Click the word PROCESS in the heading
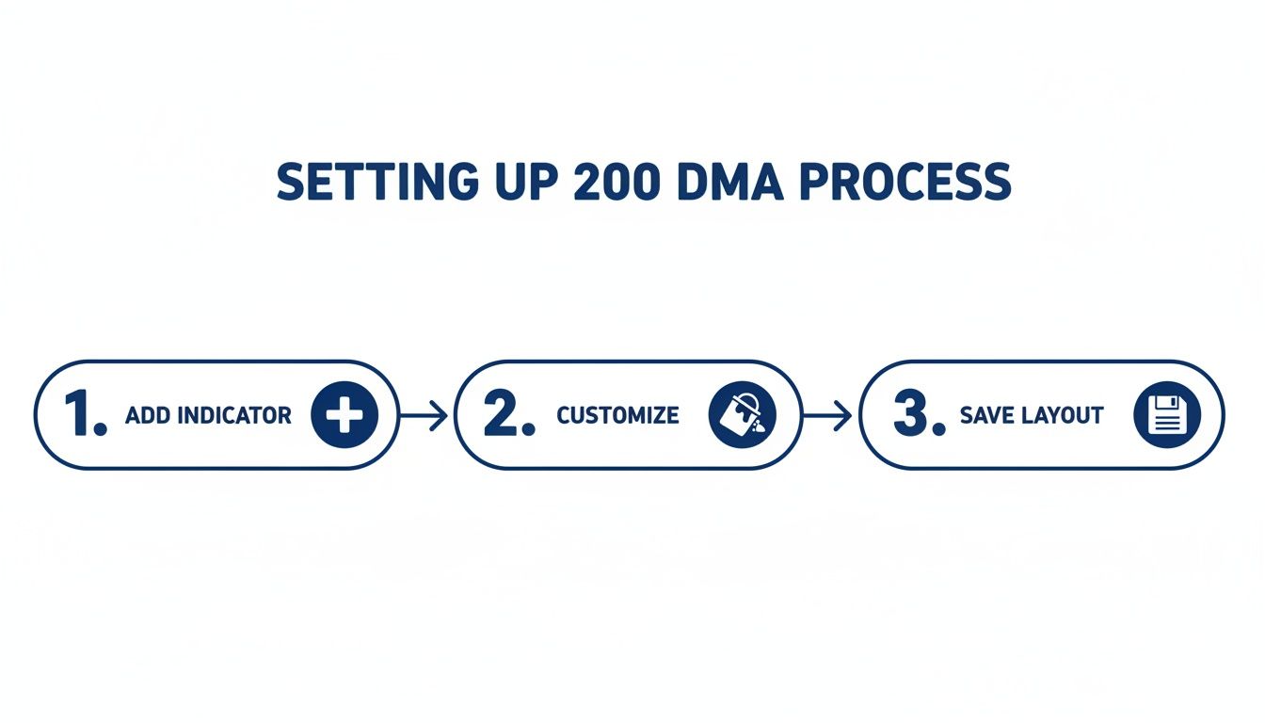pos(905,183)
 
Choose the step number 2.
pos(508,415)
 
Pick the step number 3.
pos(917,415)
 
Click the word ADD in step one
pos(146,415)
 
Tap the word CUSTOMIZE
pos(617,415)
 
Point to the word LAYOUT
pos(1065,415)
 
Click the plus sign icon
pos(344,415)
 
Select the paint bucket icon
pos(741,414)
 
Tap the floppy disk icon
pos(1167,415)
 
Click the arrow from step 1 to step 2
pos(424,415)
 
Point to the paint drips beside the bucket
pos(760,426)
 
